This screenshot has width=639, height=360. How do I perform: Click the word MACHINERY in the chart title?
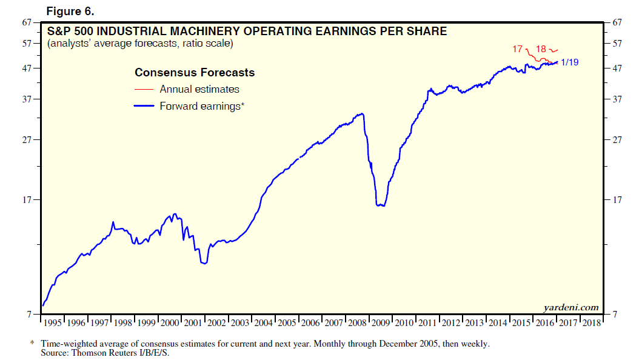coord(222,31)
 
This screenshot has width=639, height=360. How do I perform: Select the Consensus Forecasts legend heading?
coord(194,73)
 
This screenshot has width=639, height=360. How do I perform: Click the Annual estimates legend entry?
coord(199,89)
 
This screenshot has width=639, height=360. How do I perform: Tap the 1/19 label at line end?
coord(570,62)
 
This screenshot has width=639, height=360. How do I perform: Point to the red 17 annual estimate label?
coord(518,49)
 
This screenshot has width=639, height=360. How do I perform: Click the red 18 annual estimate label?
coord(541,49)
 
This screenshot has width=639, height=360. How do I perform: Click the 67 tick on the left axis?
coord(27,23)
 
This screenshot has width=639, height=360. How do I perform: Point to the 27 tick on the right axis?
coord(618,140)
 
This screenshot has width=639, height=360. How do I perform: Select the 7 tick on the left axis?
coord(29,314)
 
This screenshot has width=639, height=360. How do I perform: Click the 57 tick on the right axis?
coord(618,44)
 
